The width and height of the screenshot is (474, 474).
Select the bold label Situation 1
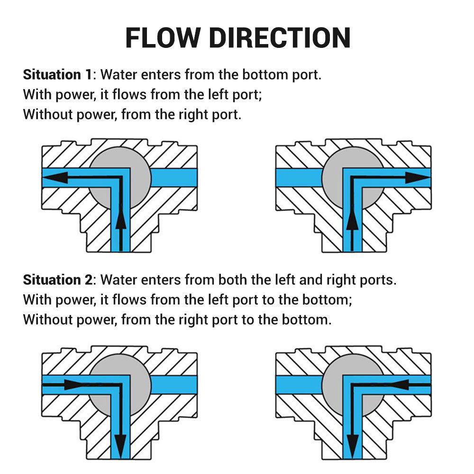click(x=58, y=75)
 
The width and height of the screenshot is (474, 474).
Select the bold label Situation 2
click(x=58, y=280)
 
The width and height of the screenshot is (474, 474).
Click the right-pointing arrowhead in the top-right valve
click(x=418, y=177)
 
